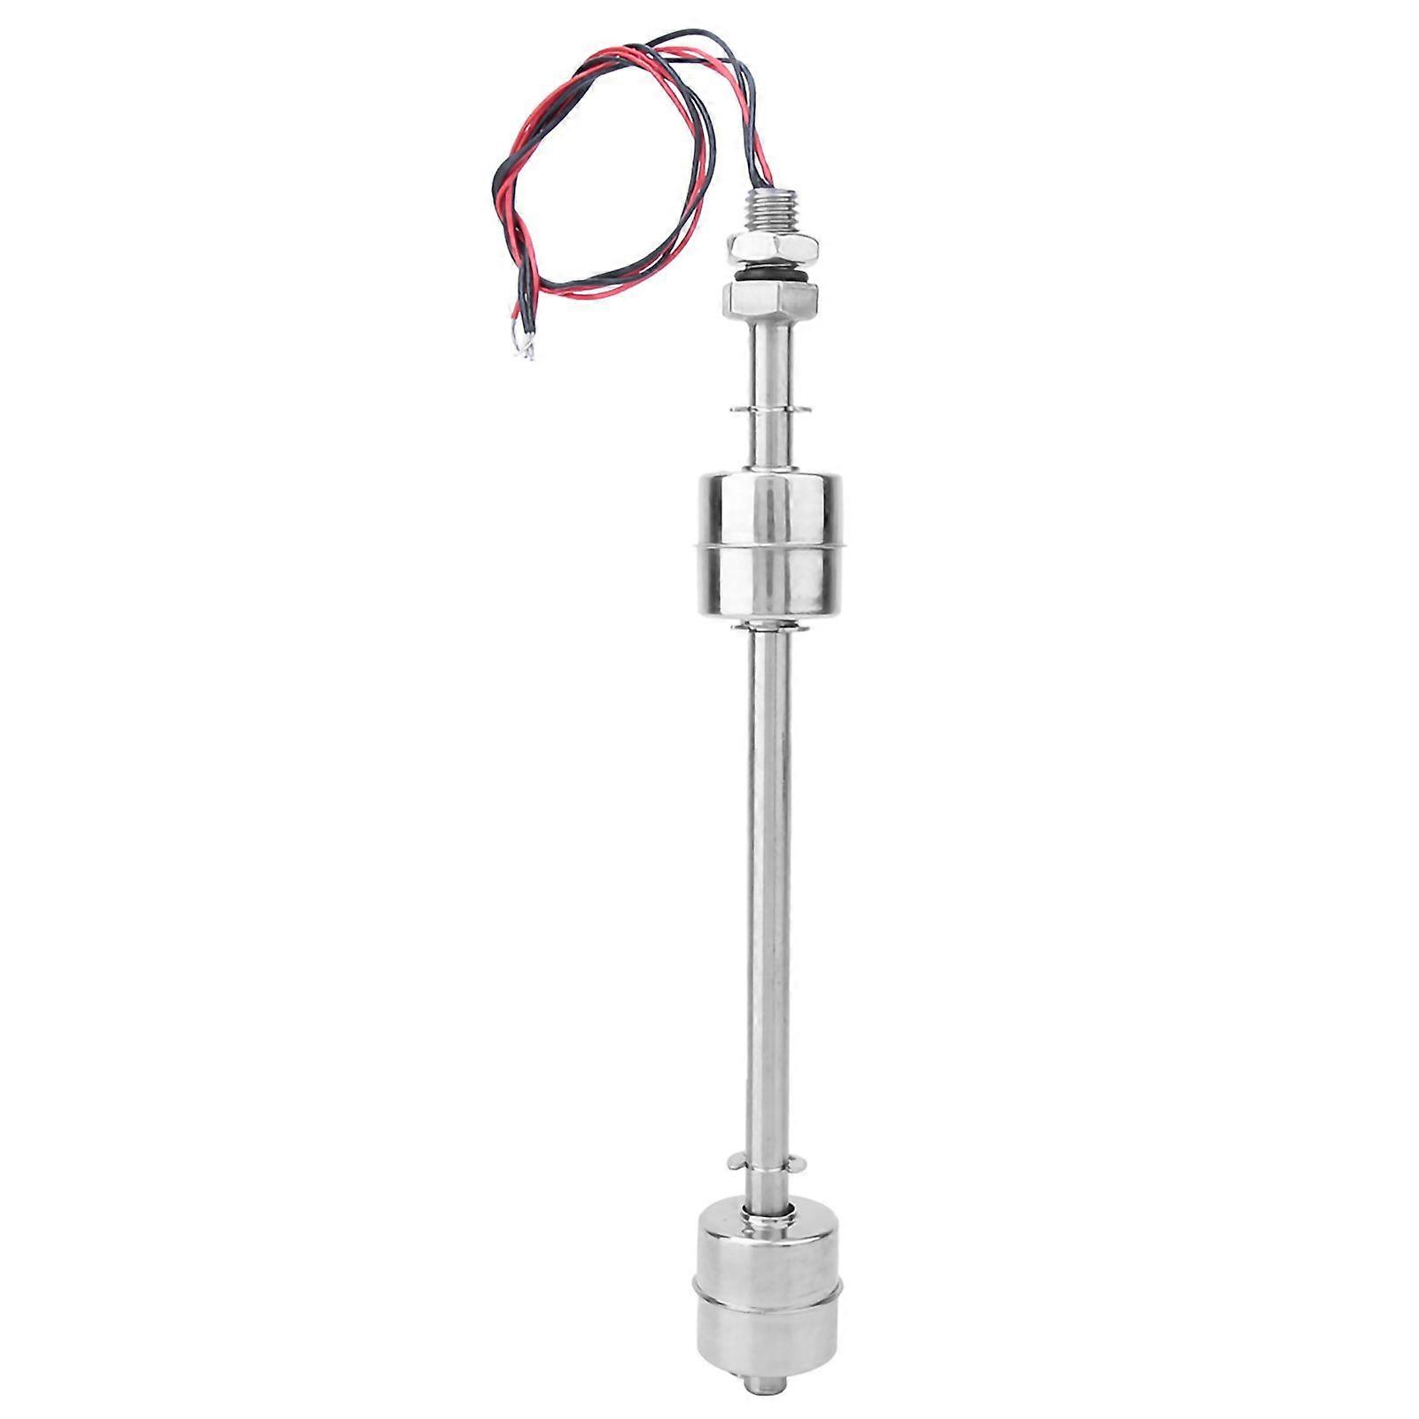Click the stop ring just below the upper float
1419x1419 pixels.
tap(769, 628)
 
